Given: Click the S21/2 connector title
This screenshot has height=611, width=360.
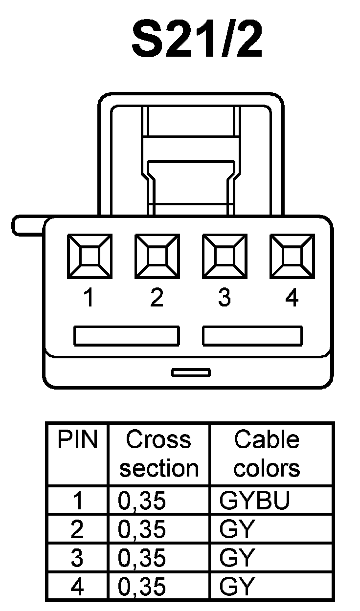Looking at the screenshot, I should tap(197, 40).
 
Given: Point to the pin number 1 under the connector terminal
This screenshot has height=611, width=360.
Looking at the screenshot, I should tap(89, 298).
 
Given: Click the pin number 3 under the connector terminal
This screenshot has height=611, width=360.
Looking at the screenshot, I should tap(224, 298).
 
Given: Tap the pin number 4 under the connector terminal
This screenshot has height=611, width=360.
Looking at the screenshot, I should tap(292, 298).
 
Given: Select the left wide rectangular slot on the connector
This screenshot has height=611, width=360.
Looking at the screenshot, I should tap(126, 336).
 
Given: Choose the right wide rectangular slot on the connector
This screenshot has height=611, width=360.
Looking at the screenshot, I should tap(252, 336).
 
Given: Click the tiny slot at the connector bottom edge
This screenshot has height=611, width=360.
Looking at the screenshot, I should tap(191, 372).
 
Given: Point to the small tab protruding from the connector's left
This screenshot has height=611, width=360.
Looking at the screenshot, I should tap(27, 226).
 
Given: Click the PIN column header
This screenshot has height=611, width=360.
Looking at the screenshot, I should tap(78, 440).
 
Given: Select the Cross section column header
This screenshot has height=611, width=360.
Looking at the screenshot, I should tap(158, 454).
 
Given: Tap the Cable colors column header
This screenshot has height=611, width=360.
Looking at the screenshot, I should tap(267, 454).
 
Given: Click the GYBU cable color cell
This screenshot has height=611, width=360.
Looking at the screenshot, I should tap(255, 501).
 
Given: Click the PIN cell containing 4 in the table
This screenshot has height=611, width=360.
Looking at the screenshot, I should tap(77, 587).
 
